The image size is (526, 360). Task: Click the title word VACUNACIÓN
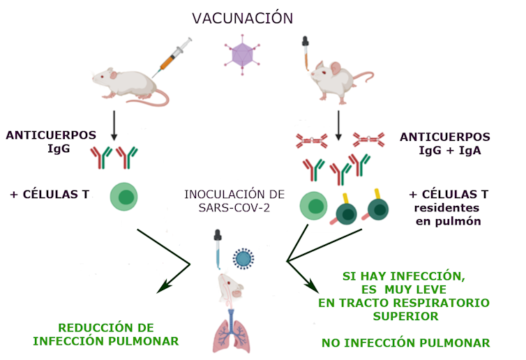pos(242,18)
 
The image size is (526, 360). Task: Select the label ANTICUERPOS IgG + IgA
pos(444,143)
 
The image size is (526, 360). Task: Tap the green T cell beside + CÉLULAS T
pos(124,197)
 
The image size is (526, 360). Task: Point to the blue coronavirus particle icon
pos(243,259)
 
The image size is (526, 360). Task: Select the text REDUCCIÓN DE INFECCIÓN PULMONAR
pos(105,334)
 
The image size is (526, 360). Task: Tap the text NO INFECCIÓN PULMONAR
pos(405,343)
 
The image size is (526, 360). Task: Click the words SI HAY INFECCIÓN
pos(403,276)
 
